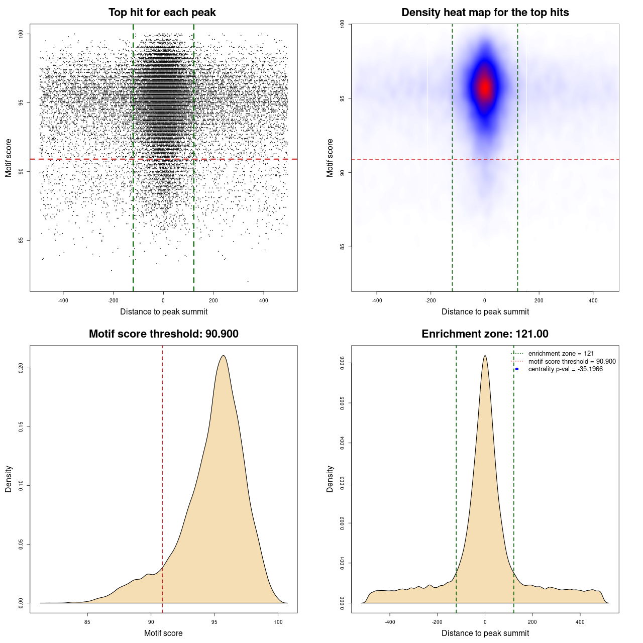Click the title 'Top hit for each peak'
(162, 13)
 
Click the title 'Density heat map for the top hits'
(485, 13)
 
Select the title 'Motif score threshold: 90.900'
(163, 334)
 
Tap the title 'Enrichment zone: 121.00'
(485, 334)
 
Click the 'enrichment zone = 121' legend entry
(561, 354)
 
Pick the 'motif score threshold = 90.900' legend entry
(572, 361)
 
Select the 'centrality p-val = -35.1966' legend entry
(565, 369)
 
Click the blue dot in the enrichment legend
(517, 369)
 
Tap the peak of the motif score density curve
(223, 356)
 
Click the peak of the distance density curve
(485, 356)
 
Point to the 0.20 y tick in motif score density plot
(21, 368)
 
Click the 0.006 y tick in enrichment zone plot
(343, 363)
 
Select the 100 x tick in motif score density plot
(278, 622)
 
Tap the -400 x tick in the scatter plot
(63, 300)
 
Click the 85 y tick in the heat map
(343, 247)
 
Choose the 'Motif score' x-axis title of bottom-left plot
(163, 633)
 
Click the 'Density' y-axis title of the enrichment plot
(330, 479)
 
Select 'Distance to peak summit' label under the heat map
(485, 311)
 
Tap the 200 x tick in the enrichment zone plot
(532, 622)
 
